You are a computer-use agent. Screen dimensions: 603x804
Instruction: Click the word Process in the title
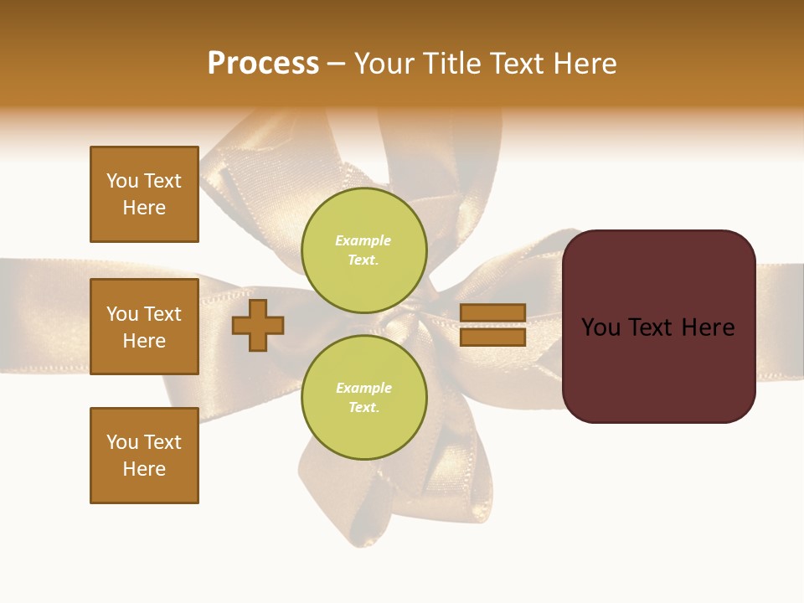click(x=263, y=64)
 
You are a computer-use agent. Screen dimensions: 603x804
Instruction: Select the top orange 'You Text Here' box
click(x=144, y=194)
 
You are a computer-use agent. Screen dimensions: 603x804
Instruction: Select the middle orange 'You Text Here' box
click(x=144, y=327)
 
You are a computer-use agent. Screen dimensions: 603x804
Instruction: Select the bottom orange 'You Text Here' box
click(x=144, y=456)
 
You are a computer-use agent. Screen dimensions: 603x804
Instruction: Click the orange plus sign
click(x=258, y=325)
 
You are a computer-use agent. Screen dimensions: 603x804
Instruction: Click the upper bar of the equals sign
click(x=492, y=313)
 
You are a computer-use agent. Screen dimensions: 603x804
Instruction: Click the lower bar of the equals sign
click(x=492, y=337)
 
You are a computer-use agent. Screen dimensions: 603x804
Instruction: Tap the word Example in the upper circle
click(x=363, y=240)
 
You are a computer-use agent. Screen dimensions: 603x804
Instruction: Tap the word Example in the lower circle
click(x=363, y=388)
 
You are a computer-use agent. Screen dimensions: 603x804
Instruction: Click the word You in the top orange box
click(x=122, y=181)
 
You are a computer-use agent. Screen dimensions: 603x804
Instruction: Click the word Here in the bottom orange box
click(x=144, y=469)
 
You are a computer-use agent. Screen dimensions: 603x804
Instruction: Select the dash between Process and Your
click(x=336, y=64)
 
